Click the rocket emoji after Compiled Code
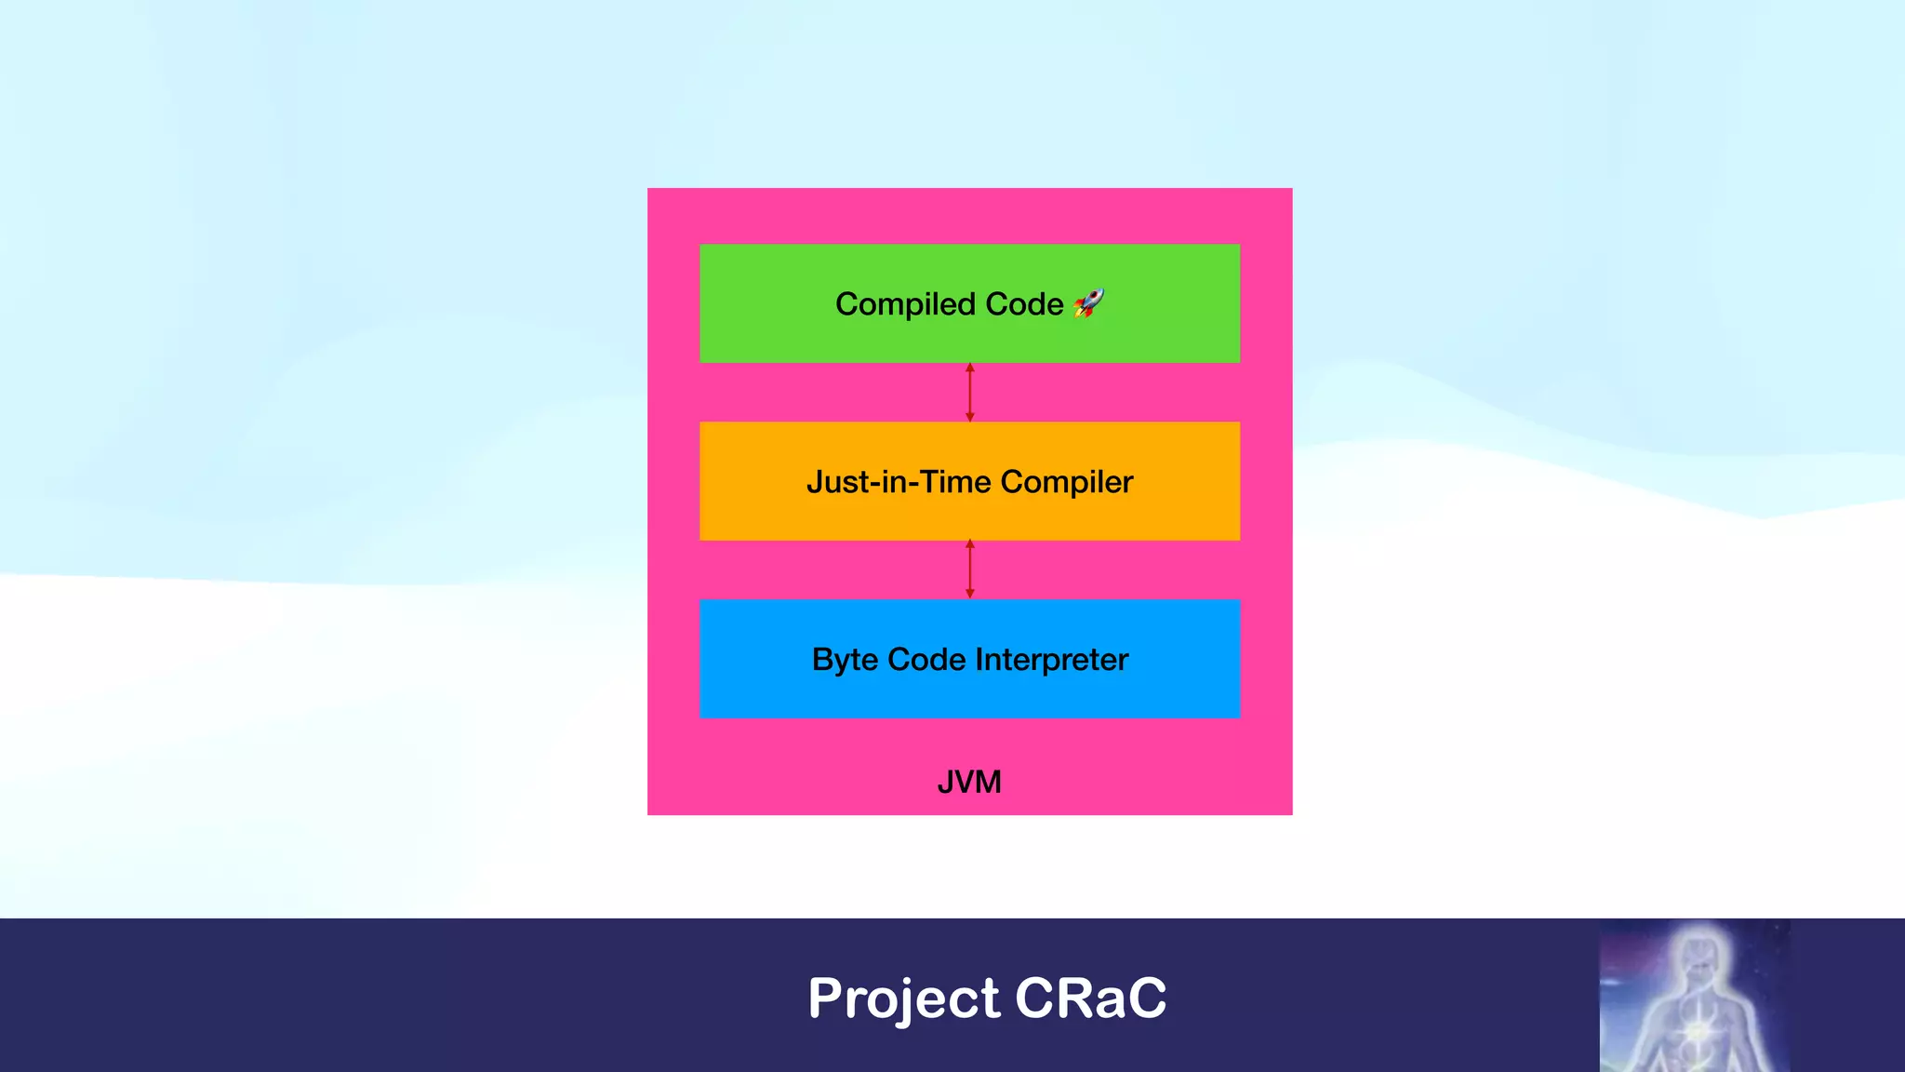coord(1088,303)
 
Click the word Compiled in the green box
coord(905,304)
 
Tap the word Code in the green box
coord(1024,304)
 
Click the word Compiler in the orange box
coord(1067,483)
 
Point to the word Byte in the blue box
coord(845,660)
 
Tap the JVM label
coord(969,782)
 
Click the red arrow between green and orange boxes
coord(970,393)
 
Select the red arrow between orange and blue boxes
coord(970,569)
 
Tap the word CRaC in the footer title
coord(1090,998)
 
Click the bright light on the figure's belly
coord(1698,1031)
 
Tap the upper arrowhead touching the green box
coord(970,368)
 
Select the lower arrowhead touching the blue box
coord(970,594)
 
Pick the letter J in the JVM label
coord(945,782)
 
